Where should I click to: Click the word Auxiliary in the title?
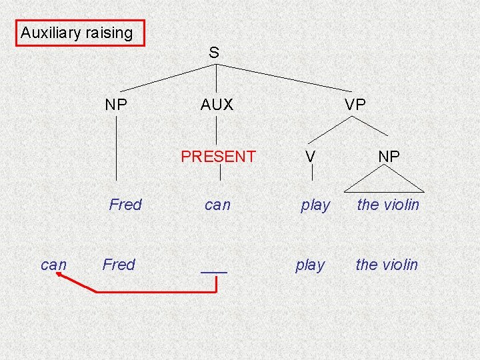point(51,32)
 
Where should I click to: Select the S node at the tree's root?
point(213,52)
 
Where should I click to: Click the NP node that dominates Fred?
point(117,105)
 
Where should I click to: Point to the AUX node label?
point(217,105)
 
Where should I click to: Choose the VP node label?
point(355,105)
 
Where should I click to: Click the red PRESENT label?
point(218,157)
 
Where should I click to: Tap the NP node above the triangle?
point(389,157)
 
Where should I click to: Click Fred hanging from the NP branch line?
point(125,205)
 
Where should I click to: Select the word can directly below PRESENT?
point(217,205)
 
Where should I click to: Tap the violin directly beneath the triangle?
point(388,205)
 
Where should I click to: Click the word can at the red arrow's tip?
point(53,265)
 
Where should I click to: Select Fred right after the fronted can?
point(119,265)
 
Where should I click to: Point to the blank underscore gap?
point(214,271)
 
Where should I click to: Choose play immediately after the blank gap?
point(310,265)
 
